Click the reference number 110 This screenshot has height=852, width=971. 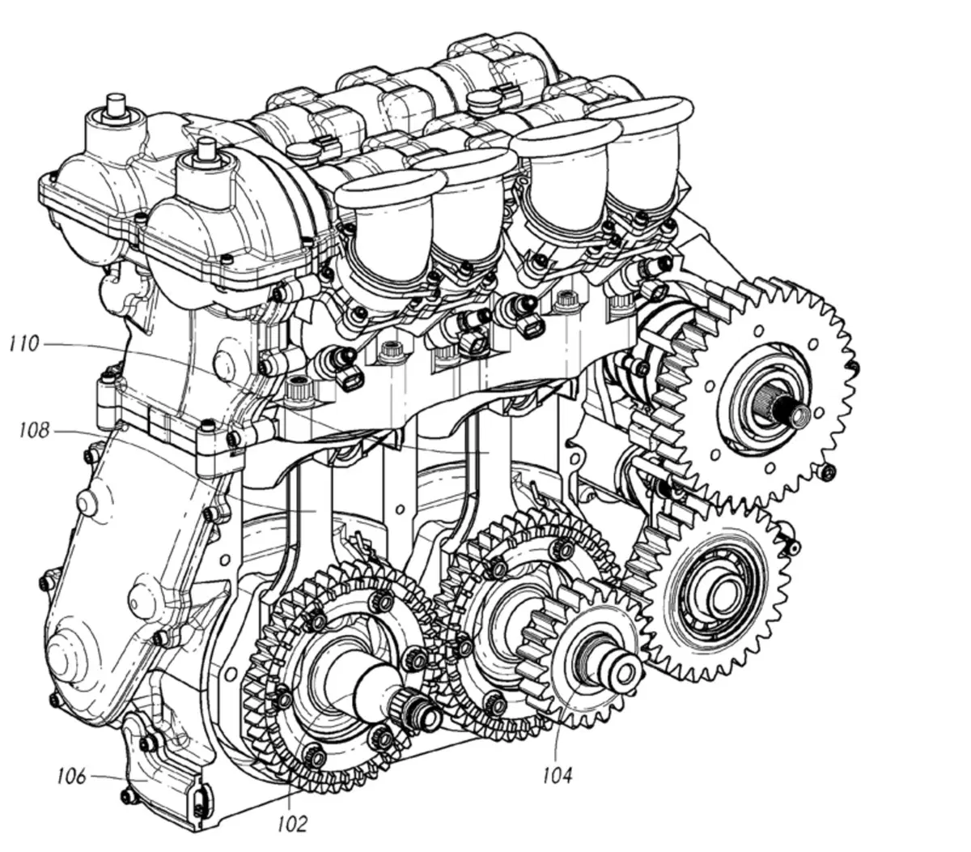pos(24,344)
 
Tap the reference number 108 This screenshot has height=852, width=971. pos(34,430)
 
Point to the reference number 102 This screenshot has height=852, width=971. pos(292,824)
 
